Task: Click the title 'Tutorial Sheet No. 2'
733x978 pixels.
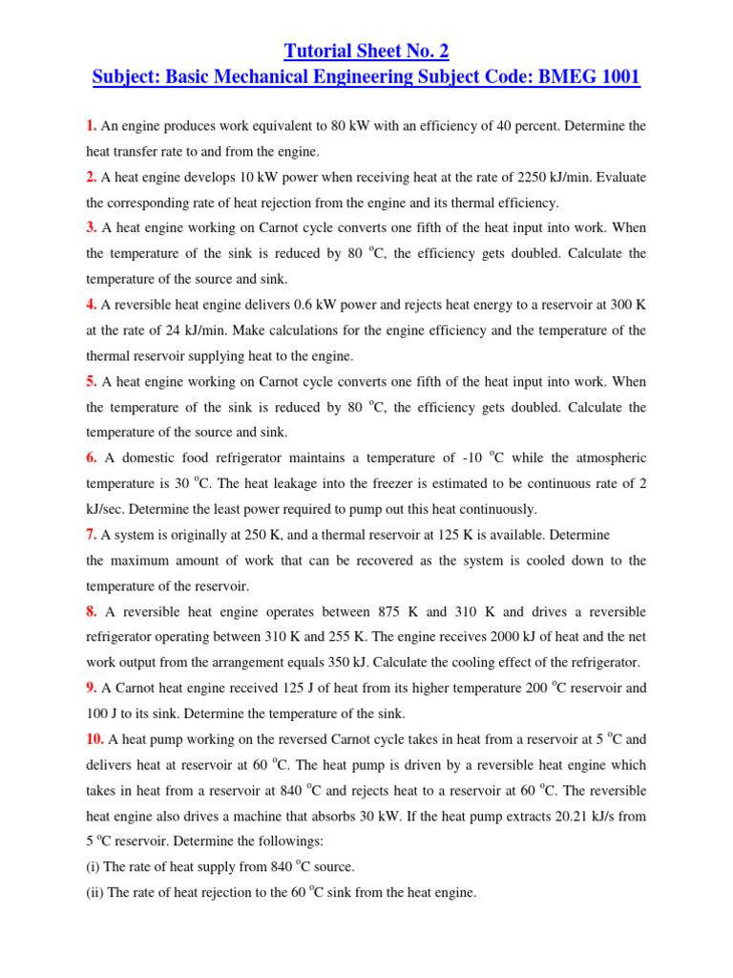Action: pyautogui.click(x=366, y=51)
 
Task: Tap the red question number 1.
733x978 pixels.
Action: pyautogui.click(x=91, y=125)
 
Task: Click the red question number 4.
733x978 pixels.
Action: pyautogui.click(x=91, y=305)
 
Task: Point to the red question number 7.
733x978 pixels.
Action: pyautogui.click(x=91, y=535)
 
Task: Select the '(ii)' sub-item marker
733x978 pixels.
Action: pyautogui.click(x=95, y=893)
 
